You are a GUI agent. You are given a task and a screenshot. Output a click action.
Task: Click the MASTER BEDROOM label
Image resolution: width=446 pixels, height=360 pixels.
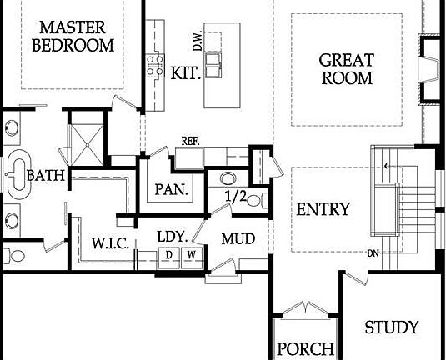click(73, 37)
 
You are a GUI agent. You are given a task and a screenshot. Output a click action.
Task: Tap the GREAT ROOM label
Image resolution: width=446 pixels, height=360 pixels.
click(347, 69)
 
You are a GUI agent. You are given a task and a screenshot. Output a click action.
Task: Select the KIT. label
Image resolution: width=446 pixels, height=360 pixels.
click(185, 72)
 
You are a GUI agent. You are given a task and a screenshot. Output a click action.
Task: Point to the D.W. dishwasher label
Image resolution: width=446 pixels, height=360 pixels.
click(198, 41)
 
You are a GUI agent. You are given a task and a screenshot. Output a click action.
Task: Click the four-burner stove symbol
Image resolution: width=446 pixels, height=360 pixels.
click(155, 66)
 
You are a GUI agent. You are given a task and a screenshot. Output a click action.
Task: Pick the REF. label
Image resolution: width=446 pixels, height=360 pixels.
click(191, 141)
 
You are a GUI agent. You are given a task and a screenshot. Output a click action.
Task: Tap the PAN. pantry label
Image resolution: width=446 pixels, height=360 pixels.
click(172, 189)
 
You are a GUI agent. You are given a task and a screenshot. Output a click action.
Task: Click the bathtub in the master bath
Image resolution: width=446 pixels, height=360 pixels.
click(19, 174)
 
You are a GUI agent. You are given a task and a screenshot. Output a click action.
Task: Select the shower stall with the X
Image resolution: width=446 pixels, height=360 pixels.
click(87, 145)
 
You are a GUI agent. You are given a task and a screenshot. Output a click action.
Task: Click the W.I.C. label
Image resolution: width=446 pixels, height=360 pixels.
click(110, 243)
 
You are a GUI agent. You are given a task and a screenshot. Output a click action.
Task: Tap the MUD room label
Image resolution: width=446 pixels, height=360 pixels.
click(238, 239)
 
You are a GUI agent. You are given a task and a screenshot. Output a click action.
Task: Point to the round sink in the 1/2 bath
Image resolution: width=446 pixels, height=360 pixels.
click(228, 178)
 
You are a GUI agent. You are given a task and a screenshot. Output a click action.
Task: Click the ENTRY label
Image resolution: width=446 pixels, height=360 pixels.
click(323, 209)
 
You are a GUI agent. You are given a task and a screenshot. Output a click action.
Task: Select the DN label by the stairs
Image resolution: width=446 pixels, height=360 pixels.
click(373, 253)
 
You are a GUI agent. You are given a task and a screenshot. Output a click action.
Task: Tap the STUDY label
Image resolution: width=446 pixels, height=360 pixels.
click(392, 327)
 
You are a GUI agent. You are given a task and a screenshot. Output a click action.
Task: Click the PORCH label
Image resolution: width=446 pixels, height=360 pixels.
click(305, 348)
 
